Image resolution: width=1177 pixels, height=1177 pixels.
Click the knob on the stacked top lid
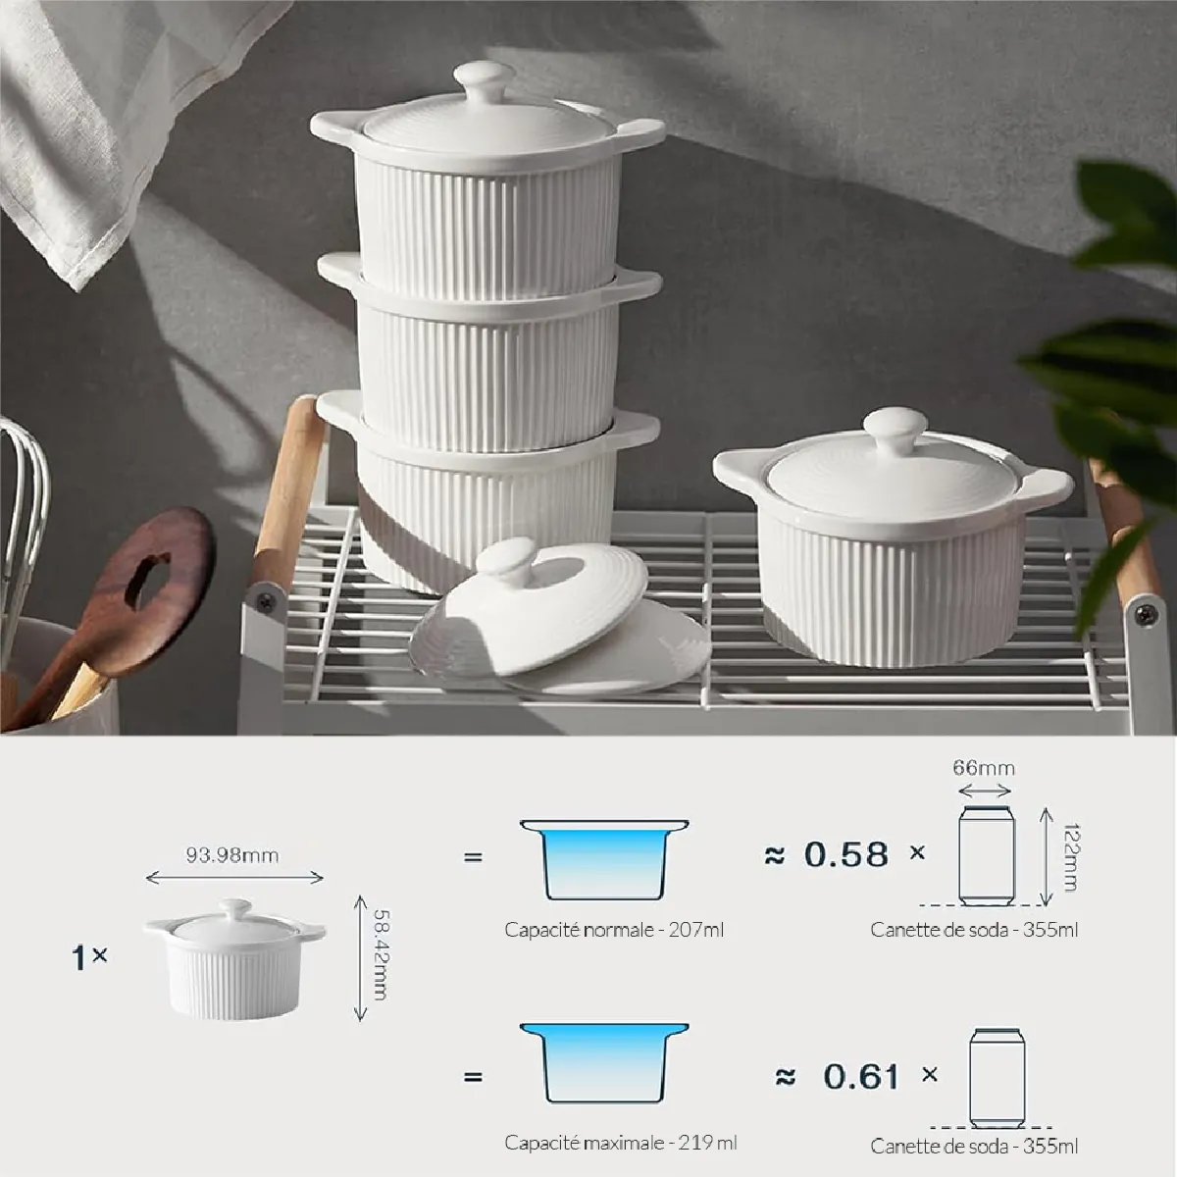click(485, 81)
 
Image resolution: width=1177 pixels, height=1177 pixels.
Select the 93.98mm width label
click(232, 855)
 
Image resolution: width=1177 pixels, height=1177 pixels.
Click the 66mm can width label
click(984, 768)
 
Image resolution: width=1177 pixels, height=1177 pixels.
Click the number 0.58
click(845, 854)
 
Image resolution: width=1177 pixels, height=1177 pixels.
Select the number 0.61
click(861, 1076)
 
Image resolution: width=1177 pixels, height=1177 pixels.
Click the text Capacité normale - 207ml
click(614, 930)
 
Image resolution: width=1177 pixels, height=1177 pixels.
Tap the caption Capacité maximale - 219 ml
click(621, 1143)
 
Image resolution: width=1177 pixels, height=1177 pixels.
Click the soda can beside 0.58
click(987, 855)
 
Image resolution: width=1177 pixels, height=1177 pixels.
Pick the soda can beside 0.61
click(997, 1078)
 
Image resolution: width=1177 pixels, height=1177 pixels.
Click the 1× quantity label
click(89, 957)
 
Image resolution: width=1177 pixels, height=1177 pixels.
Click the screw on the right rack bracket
click(1147, 613)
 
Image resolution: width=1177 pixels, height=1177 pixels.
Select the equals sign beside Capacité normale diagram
click(473, 857)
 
